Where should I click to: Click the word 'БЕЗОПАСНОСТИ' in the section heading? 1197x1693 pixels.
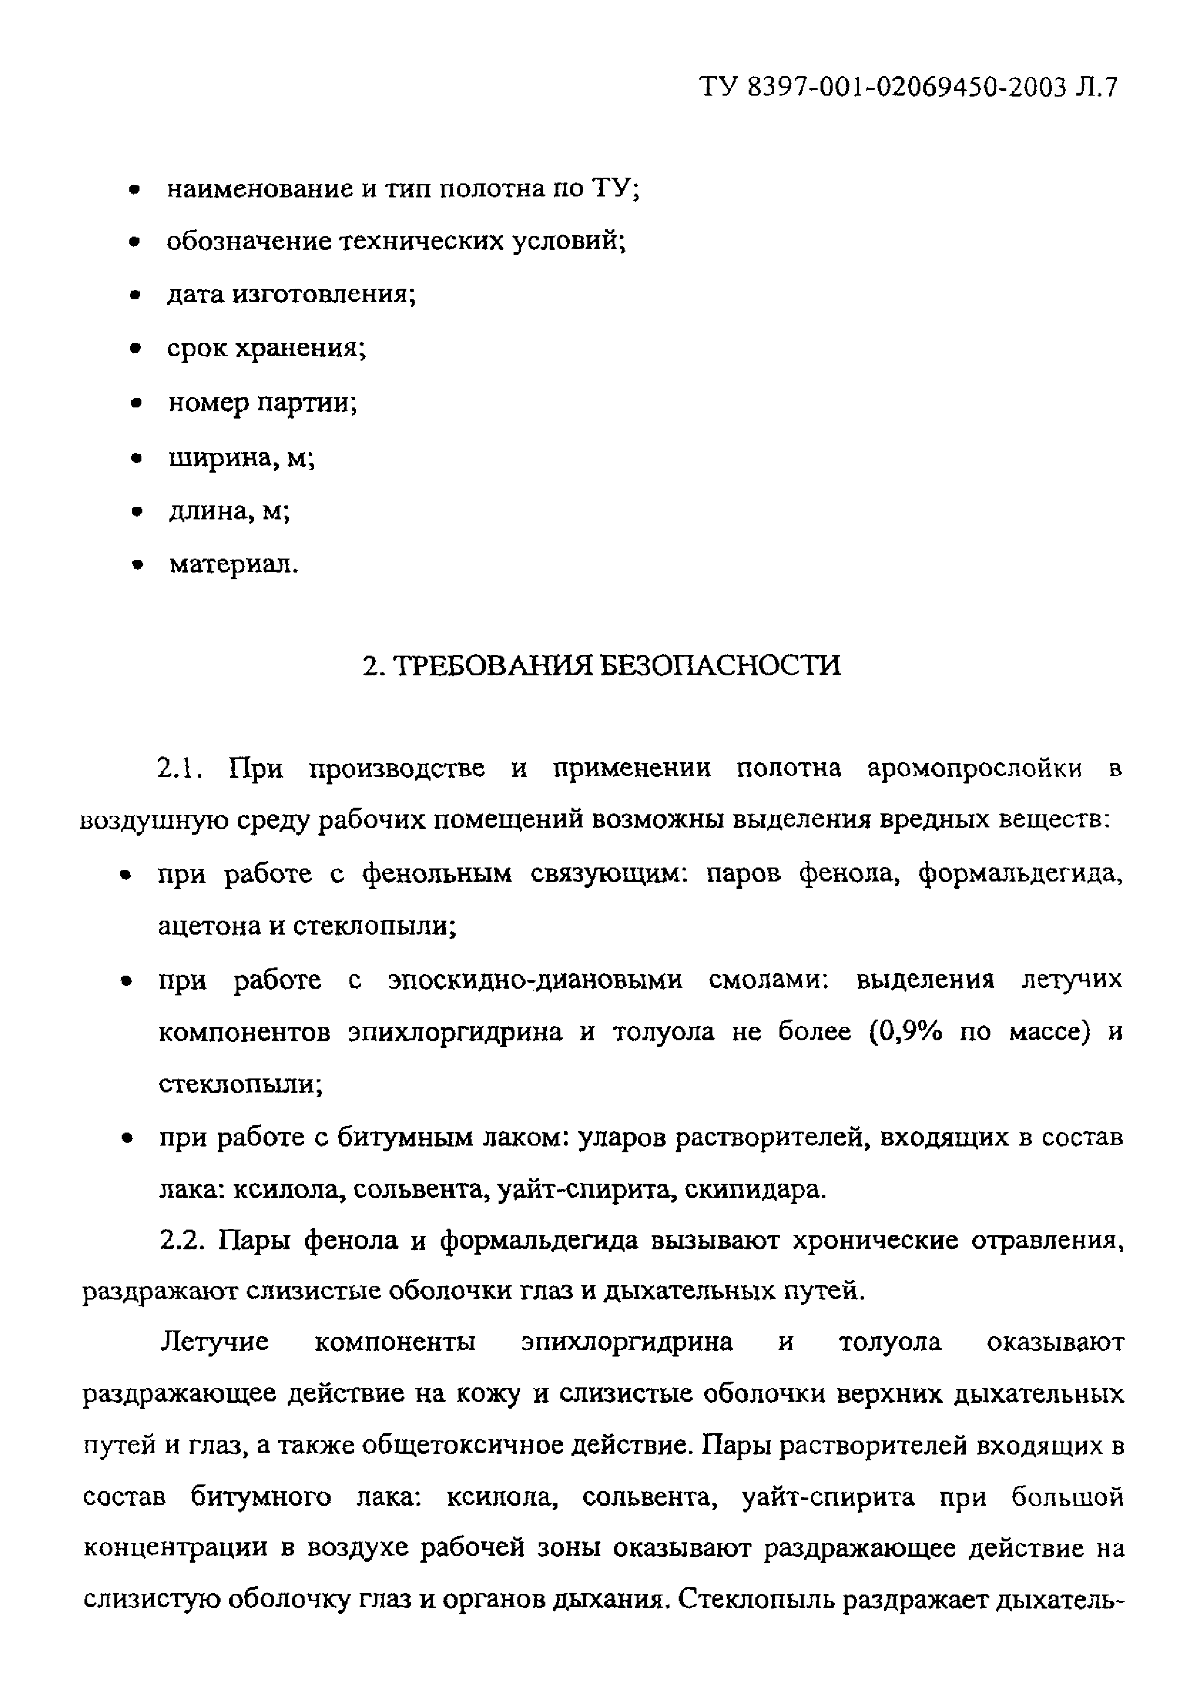coord(719,665)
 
